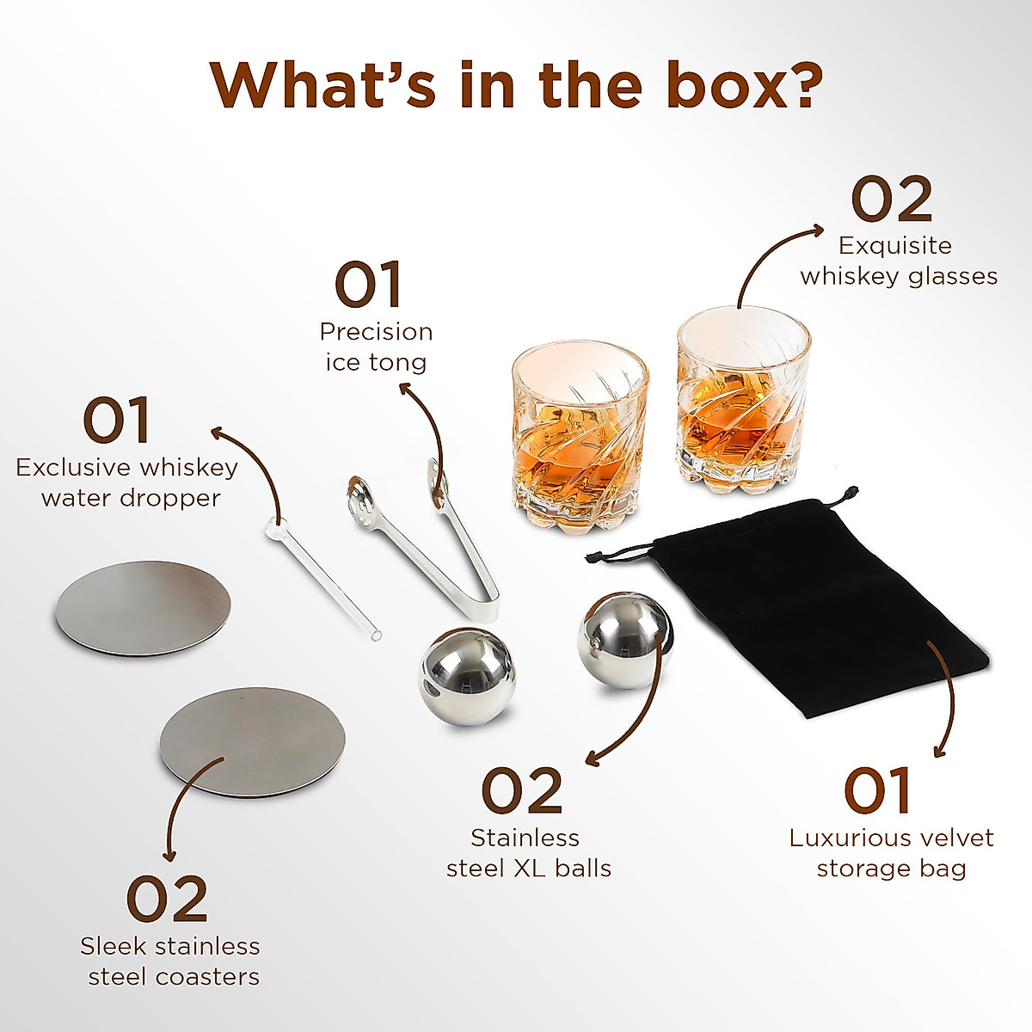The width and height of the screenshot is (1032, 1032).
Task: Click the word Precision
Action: (x=376, y=331)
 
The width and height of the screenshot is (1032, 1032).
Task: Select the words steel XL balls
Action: (x=528, y=868)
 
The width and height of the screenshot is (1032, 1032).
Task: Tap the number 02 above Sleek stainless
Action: (x=168, y=899)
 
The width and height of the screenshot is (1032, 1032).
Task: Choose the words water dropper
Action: (x=131, y=497)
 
